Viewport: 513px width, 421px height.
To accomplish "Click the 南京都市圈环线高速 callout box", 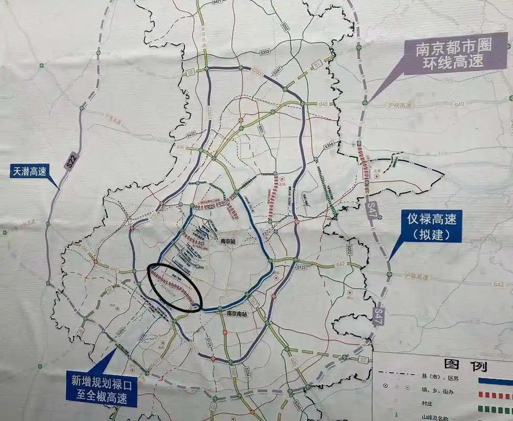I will (x=454, y=54).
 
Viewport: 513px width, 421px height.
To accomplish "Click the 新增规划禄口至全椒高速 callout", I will (x=102, y=388).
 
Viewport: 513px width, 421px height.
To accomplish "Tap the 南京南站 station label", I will (x=238, y=314).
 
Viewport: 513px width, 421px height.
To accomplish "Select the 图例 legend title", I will (x=465, y=365).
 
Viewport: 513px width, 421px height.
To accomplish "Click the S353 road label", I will (x=265, y=51).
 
